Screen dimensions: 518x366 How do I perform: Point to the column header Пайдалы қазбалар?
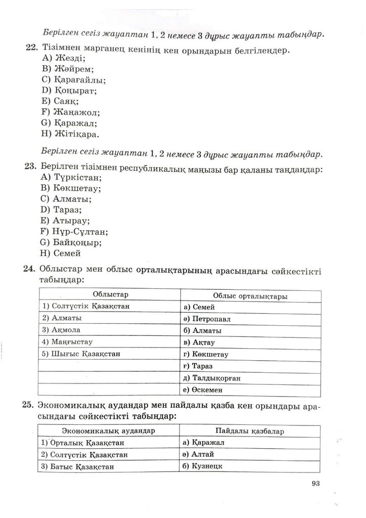[x=250, y=432]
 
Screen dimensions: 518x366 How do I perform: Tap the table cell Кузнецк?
[x=203, y=466]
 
